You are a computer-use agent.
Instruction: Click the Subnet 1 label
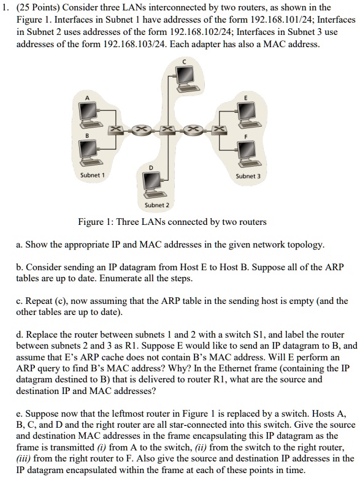93,175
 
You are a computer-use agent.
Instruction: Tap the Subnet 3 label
248,175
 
